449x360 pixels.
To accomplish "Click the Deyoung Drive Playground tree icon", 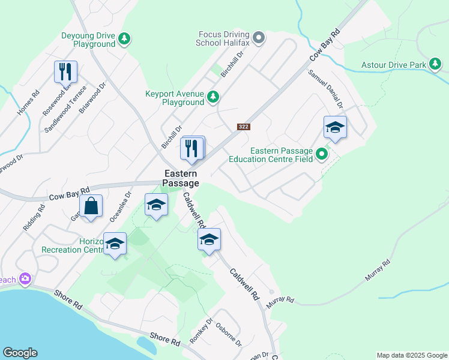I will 124,40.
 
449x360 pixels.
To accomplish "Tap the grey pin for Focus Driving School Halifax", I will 259,38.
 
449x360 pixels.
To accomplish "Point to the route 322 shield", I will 243,127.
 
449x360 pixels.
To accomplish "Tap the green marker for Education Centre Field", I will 322,155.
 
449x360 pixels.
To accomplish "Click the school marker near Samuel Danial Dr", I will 335,127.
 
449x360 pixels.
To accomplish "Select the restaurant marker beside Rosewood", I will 65,71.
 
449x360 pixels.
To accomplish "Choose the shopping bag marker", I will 91,206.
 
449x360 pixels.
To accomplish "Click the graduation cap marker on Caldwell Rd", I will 209,239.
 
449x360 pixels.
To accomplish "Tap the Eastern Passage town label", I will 182,178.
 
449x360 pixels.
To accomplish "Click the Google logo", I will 20,353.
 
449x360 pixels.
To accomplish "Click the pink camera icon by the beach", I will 25,278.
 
